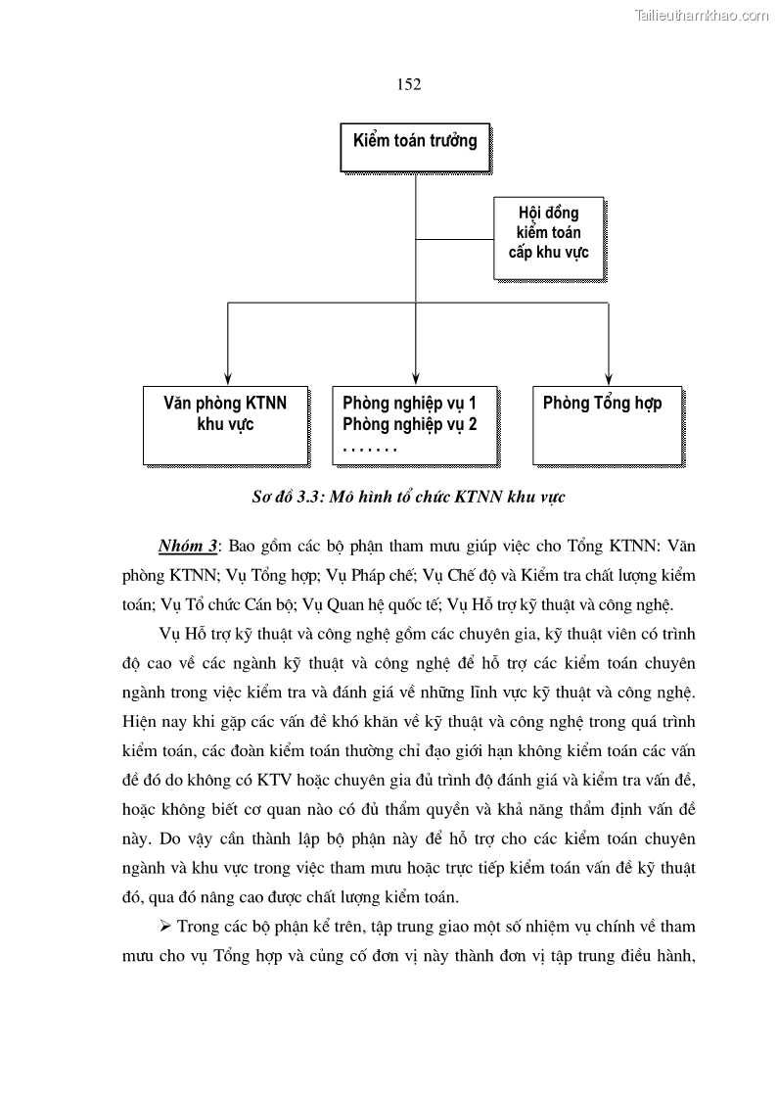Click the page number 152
click(409, 84)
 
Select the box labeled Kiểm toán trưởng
click(415, 141)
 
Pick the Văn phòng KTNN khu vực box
click(225, 425)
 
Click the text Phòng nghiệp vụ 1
click(409, 403)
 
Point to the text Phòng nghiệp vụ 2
click(409, 424)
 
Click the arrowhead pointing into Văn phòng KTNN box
click(227, 376)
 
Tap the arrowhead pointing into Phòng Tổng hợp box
click(608, 376)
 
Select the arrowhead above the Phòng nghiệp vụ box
click(417, 376)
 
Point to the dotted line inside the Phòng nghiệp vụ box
click(370, 448)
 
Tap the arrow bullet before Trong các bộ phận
click(164, 926)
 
